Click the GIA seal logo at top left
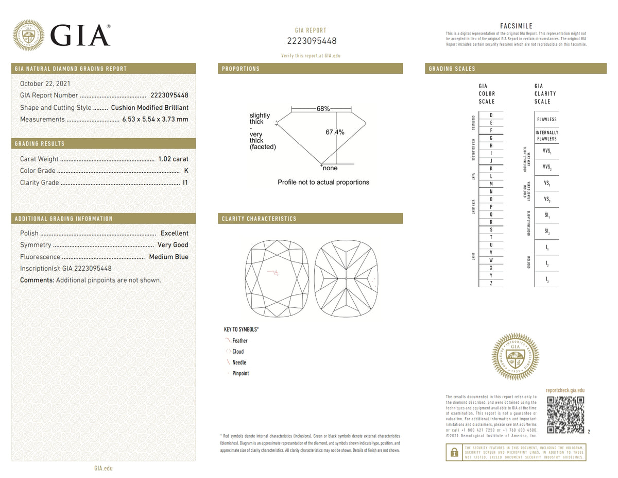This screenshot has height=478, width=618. pos(28,35)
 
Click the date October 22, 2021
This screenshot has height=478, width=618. pos(45,84)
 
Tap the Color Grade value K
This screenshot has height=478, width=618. pos(186,171)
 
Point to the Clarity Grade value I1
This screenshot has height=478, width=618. pos(185,183)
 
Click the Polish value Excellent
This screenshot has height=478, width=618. pos(174,233)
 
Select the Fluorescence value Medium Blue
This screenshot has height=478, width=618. pos(168,257)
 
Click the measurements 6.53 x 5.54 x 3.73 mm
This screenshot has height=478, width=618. pos(155,119)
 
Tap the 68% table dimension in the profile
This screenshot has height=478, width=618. pos(323,109)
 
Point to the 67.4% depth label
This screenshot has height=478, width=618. pos(335,133)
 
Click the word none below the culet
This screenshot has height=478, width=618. pos(330,168)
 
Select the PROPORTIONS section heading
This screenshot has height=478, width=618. pos(241,69)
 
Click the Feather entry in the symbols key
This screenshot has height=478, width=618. pos(239,341)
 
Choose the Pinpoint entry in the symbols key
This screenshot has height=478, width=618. pos(240,373)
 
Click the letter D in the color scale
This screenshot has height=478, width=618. pos(491,115)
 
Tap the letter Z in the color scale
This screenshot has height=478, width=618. pos(491,283)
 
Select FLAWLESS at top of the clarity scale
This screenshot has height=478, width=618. pos(546,119)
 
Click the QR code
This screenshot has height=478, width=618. pos(565,415)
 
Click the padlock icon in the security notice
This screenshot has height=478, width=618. pos(454,452)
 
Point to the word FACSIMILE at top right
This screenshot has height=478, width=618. pos(516,26)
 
